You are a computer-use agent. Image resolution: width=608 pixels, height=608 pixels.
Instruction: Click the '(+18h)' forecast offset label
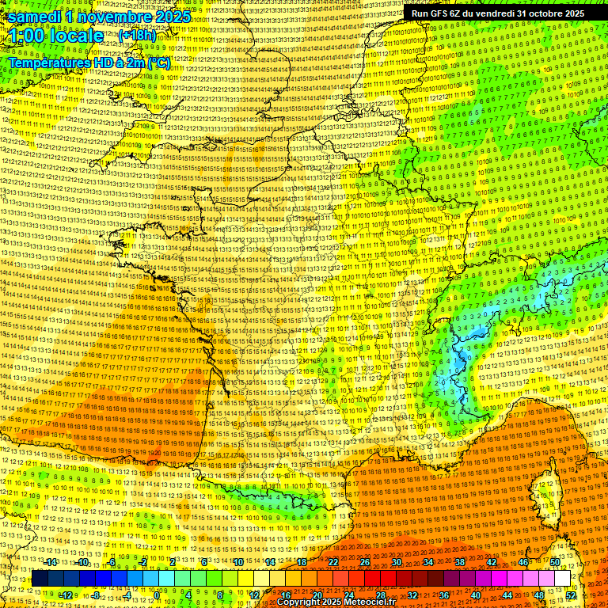point(137,35)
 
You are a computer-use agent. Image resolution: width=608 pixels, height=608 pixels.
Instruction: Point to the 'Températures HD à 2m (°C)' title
point(89,62)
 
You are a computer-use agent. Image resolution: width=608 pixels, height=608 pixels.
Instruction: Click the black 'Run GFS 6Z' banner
point(497,13)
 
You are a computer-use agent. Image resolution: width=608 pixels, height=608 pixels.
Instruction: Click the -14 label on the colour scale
point(51,562)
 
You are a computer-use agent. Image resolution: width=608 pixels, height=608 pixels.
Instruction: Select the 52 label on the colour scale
point(571,595)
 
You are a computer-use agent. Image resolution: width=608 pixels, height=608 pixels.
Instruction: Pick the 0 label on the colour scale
point(157,595)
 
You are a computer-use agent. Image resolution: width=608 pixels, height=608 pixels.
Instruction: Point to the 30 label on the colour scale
point(396,562)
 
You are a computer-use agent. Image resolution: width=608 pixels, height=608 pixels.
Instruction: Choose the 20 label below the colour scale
point(317,595)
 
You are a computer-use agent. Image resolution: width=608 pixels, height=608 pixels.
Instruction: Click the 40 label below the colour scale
point(476,595)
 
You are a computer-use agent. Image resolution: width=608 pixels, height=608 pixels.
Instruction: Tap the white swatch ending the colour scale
point(562,579)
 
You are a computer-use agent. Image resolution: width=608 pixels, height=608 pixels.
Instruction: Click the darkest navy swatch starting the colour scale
point(40,579)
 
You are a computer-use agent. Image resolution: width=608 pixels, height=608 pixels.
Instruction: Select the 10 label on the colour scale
point(237,562)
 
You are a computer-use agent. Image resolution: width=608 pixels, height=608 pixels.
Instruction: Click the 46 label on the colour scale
point(523,562)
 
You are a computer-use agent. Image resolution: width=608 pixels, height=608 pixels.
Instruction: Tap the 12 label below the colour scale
point(253,595)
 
